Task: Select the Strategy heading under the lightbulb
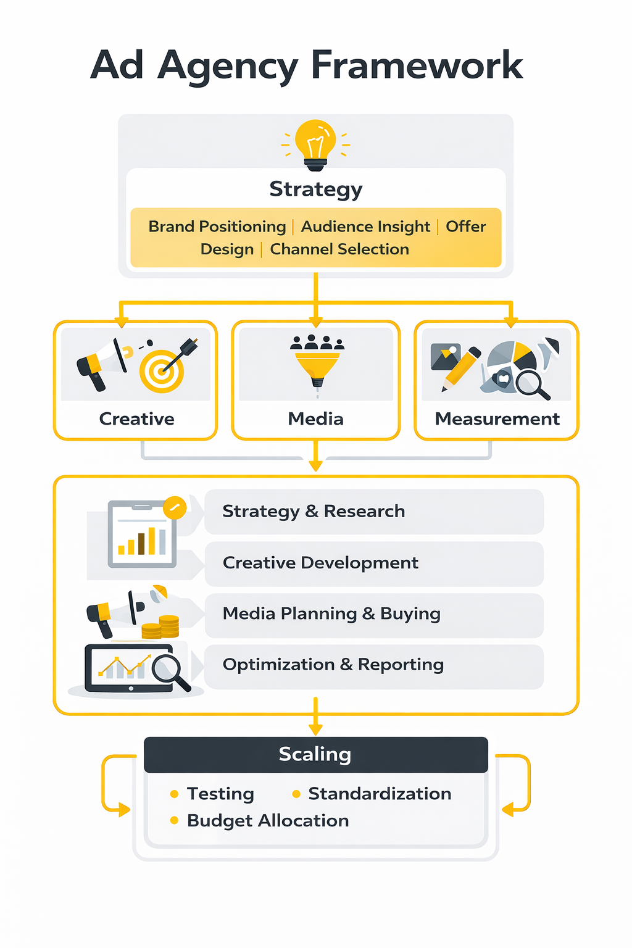315,189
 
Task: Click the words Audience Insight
365,227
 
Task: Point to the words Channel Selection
339,249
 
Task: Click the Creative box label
136,419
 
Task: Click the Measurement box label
497,419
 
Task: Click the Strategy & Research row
374,512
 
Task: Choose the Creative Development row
374,563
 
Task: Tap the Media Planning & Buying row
374,614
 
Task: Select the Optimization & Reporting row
374,665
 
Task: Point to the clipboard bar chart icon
142,534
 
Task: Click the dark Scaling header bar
315,754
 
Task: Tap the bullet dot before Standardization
296,794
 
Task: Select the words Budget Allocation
268,821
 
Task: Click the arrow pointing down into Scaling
315,720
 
